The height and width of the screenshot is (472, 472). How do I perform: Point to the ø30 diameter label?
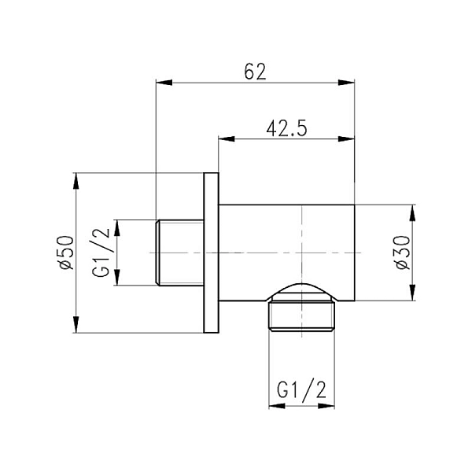pos(401,253)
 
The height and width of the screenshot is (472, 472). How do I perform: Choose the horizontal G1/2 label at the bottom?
pos(303,389)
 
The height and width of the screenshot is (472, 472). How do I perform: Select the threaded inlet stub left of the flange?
pos(180,253)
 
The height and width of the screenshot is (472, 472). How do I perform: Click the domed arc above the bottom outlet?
pos(303,285)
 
